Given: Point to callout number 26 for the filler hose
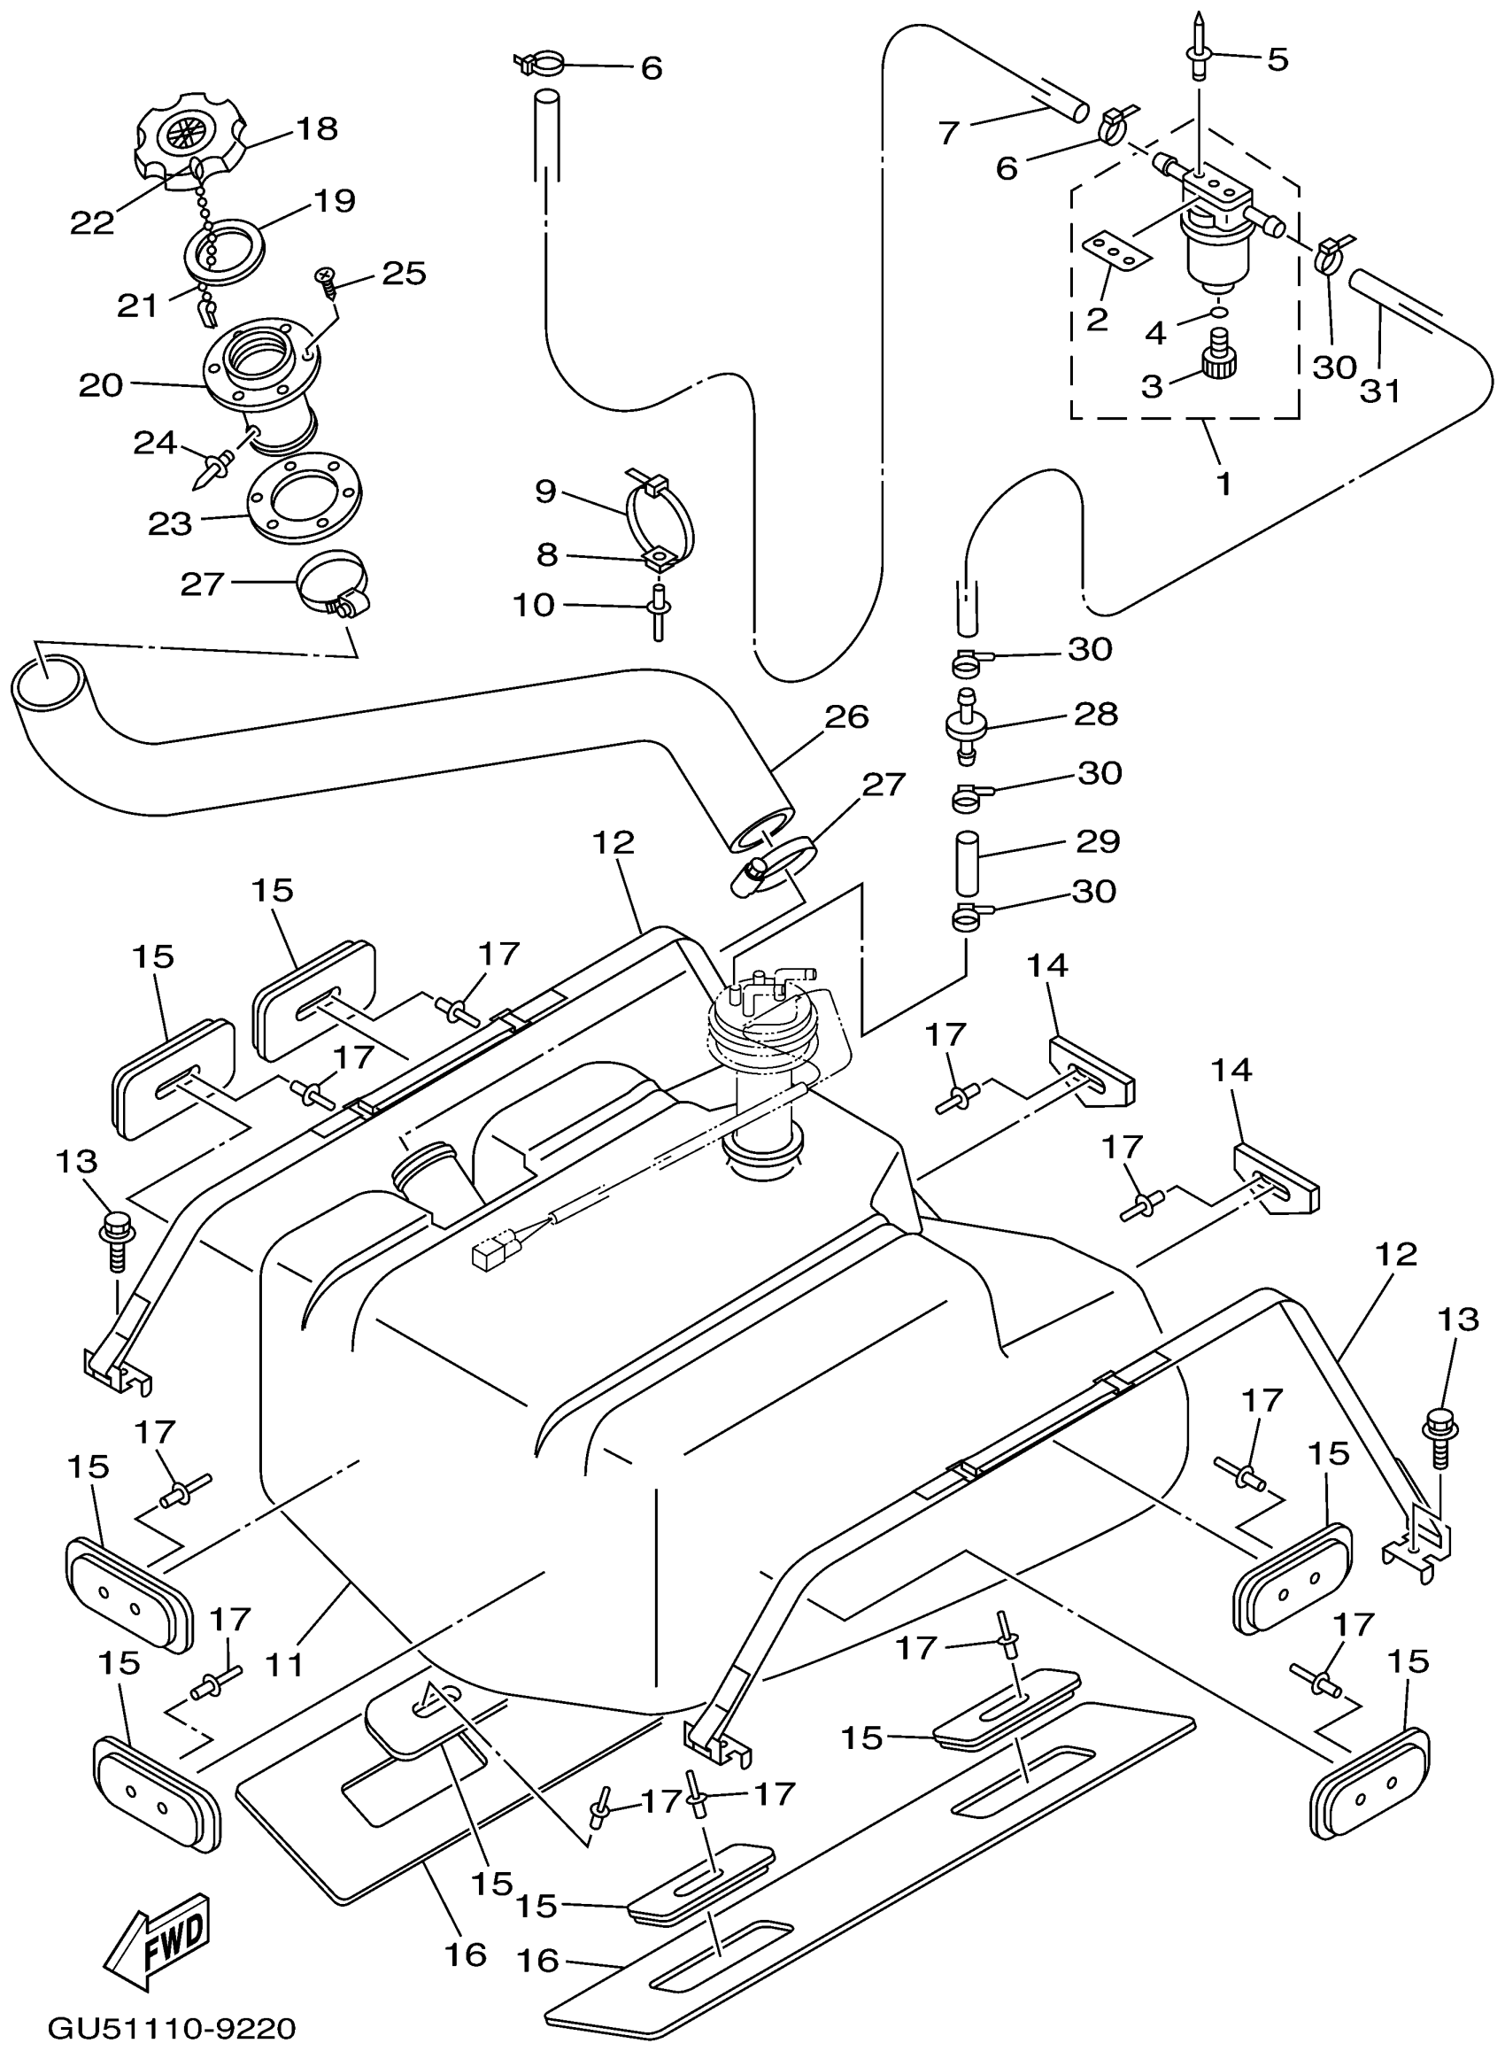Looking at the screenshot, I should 846,717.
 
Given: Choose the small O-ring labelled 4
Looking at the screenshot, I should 1217,315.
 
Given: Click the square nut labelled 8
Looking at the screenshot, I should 657,558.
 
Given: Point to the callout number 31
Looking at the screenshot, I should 1379,390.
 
